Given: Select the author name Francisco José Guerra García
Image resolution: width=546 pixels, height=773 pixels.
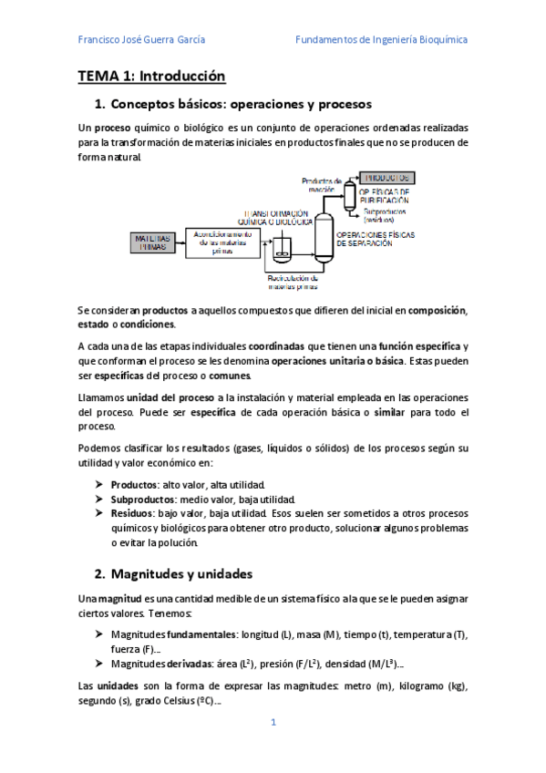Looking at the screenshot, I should point(141,40).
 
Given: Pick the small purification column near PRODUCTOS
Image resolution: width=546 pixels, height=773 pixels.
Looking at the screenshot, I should point(348,193).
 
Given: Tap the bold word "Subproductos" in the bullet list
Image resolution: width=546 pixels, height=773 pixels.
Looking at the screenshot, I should point(139,500).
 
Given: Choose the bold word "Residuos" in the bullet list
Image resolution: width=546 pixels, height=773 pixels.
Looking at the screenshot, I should point(131,514).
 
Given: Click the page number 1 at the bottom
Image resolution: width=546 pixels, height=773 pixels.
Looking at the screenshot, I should point(273,722).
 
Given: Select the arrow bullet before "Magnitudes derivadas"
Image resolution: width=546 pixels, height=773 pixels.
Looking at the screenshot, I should point(98,664).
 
